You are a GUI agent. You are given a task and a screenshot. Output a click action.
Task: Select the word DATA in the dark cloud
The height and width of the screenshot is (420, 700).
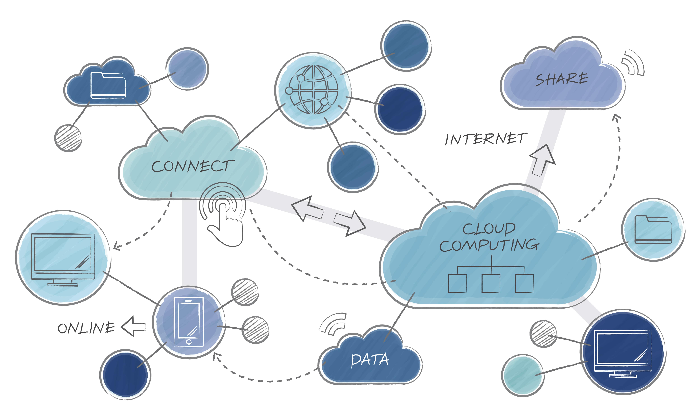click(370, 360)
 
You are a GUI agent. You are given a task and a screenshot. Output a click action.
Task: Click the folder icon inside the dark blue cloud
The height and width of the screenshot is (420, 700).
click(108, 86)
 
